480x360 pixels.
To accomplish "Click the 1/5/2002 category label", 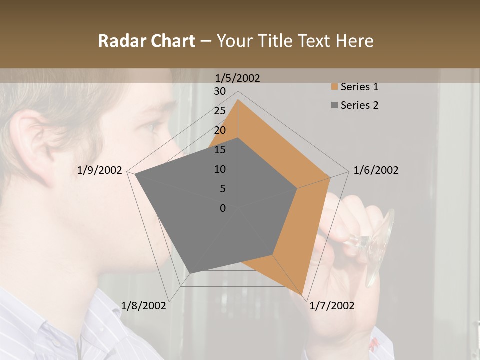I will coord(237,78).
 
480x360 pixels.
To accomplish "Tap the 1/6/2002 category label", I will coord(376,170).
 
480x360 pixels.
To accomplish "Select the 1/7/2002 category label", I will coord(332,306).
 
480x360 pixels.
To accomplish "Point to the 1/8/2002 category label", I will coord(144,306).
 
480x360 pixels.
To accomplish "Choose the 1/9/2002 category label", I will coord(100,170).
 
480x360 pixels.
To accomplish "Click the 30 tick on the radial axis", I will coord(220,91).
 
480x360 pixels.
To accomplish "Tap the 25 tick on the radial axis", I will coord(220,111).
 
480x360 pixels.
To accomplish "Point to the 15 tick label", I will coord(220,150).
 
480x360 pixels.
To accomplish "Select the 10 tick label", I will coord(220,169).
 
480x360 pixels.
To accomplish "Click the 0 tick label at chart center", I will coord(223,208).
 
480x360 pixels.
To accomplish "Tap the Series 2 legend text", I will coord(359,105).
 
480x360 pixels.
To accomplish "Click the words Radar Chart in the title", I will coord(146,41).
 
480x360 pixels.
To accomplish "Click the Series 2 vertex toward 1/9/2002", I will coord(135,174).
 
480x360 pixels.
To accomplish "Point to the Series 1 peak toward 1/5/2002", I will coord(238,100).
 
